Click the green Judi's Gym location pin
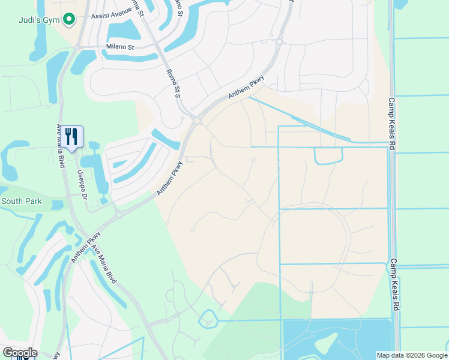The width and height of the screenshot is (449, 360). point(69,20)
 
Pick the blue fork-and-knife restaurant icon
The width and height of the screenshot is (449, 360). point(71,137)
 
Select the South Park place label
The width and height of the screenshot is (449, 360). point(22,202)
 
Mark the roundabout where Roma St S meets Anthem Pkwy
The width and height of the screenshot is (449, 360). point(197,121)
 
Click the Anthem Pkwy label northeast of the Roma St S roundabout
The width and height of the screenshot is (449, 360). point(246,90)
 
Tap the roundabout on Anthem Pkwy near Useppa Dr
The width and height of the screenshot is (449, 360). point(119,214)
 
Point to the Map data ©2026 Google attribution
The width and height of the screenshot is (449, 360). point(412,355)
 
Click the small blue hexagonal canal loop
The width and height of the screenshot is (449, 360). point(207,319)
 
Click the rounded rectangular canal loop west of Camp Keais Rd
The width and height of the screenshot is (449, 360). point(328,155)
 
